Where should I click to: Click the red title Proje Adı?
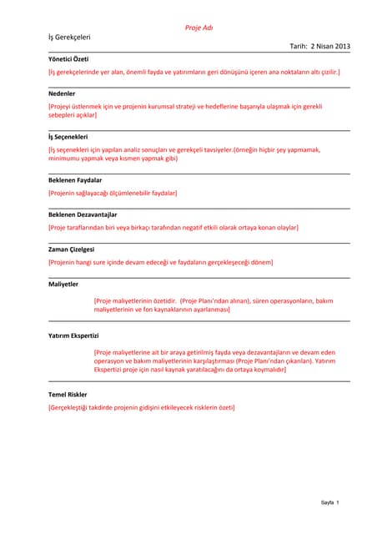199,28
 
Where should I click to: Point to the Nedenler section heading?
62,93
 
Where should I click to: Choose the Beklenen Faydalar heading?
75,179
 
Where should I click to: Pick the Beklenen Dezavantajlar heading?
83,214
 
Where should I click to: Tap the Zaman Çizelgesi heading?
72,249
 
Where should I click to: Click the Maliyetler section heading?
63,284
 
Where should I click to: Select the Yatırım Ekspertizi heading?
73,335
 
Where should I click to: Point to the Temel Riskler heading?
68,394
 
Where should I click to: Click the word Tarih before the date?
298,48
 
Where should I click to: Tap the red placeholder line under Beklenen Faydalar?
113,193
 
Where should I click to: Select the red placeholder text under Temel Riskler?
142,407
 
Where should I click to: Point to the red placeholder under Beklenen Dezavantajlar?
173,227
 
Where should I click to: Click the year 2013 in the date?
342,48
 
